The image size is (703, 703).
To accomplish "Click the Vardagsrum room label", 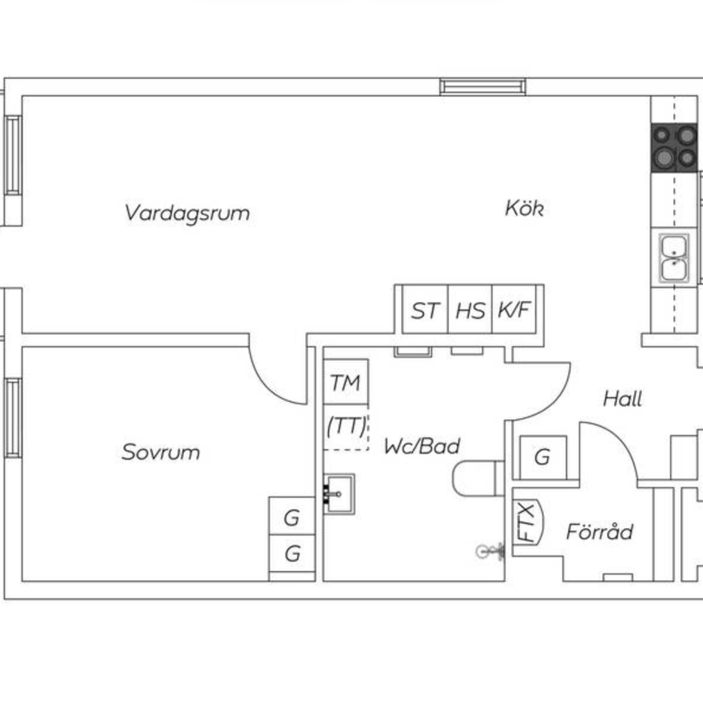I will [187, 213].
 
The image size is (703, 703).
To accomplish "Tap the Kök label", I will [523, 208].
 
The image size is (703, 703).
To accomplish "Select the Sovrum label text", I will [160, 452].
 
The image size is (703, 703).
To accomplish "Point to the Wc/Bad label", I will [422, 446].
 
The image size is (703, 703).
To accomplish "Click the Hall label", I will [622, 399].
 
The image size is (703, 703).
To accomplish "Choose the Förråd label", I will [599, 532].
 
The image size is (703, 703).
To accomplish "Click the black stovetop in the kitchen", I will [674, 146].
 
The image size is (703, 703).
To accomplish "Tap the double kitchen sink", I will [674, 257].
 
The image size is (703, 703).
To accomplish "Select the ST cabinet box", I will [425, 310].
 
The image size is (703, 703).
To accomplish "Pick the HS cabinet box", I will [469, 310].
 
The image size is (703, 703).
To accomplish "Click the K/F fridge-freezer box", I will [514, 310].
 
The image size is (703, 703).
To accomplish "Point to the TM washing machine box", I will [346, 382].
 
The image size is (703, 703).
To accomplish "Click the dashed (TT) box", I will [347, 426].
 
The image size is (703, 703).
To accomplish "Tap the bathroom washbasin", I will [338, 494].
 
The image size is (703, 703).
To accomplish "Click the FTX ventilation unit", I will [528, 522].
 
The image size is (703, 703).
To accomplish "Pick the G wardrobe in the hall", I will [542, 457].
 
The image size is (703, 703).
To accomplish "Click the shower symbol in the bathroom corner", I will [486, 552].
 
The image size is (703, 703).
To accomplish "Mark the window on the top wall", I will [482, 86].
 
